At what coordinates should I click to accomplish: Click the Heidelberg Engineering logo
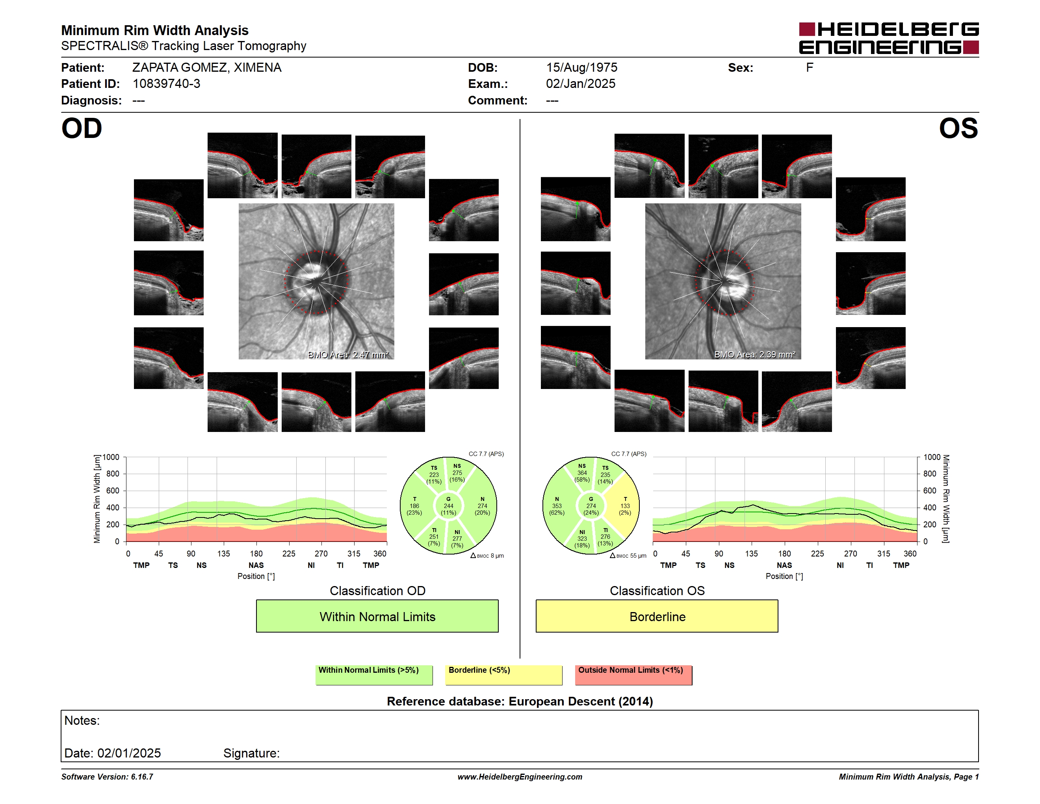[x=889, y=38]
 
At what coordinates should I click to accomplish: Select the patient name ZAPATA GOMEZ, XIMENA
[x=207, y=68]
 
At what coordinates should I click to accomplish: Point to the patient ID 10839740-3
[x=166, y=84]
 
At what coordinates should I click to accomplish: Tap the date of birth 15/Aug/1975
[x=581, y=68]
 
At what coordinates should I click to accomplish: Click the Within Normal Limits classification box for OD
[x=377, y=616]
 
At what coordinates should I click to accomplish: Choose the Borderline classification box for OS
[x=657, y=616]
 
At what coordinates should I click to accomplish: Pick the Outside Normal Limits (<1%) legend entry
[x=633, y=675]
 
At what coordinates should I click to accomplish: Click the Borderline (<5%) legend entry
[x=503, y=675]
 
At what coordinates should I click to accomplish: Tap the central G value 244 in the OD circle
[x=449, y=506]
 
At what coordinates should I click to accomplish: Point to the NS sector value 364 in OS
[x=582, y=473]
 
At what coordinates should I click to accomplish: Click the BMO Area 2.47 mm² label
[x=348, y=354]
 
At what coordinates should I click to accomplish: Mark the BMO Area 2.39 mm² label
[x=755, y=354]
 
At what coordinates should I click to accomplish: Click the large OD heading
[x=82, y=128]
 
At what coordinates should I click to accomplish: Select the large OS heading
[x=958, y=128]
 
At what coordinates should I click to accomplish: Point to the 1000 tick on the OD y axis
[x=111, y=457]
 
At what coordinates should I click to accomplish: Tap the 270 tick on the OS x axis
[x=851, y=553]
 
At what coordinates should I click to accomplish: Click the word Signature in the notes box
[x=251, y=753]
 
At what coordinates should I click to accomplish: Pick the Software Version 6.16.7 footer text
[x=107, y=777]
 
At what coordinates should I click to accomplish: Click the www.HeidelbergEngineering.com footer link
[x=520, y=777]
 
